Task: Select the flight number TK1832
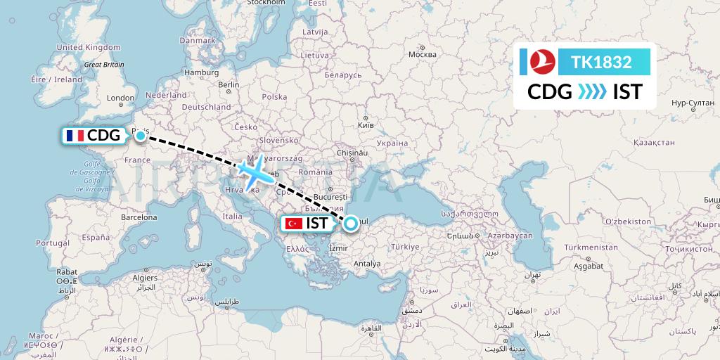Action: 601,62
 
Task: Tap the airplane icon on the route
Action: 251,171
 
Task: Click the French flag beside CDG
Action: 74,136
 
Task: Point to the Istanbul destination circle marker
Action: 349,224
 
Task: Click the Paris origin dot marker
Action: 141,134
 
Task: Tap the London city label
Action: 120,98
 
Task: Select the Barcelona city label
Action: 139,217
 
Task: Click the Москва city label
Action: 422,55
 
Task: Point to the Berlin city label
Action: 229,84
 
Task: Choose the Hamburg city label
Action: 201,72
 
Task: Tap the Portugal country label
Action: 53,243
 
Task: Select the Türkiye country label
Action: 405,247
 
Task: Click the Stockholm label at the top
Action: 265,3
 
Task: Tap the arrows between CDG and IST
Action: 592,92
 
